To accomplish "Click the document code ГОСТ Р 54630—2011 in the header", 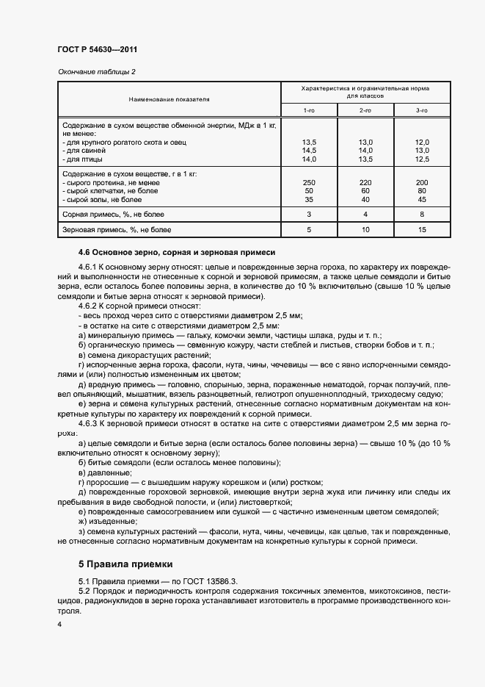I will [98, 50].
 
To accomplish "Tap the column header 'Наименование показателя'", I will [169, 98].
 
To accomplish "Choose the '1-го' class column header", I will [309, 110].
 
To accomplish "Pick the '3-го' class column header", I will [421, 110].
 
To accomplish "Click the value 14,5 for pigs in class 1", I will [309, 150].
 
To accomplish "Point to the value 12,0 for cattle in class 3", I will [421, 141].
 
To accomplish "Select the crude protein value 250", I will [309, 181].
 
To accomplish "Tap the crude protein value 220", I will [365, 181].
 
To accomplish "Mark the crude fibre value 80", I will [421, 190].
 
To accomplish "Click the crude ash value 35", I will [309, 199].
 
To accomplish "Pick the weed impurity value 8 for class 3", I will [421, 215].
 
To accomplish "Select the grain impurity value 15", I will [421, 231].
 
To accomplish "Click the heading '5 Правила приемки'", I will [125, 564].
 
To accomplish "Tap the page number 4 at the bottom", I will [59, 625].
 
